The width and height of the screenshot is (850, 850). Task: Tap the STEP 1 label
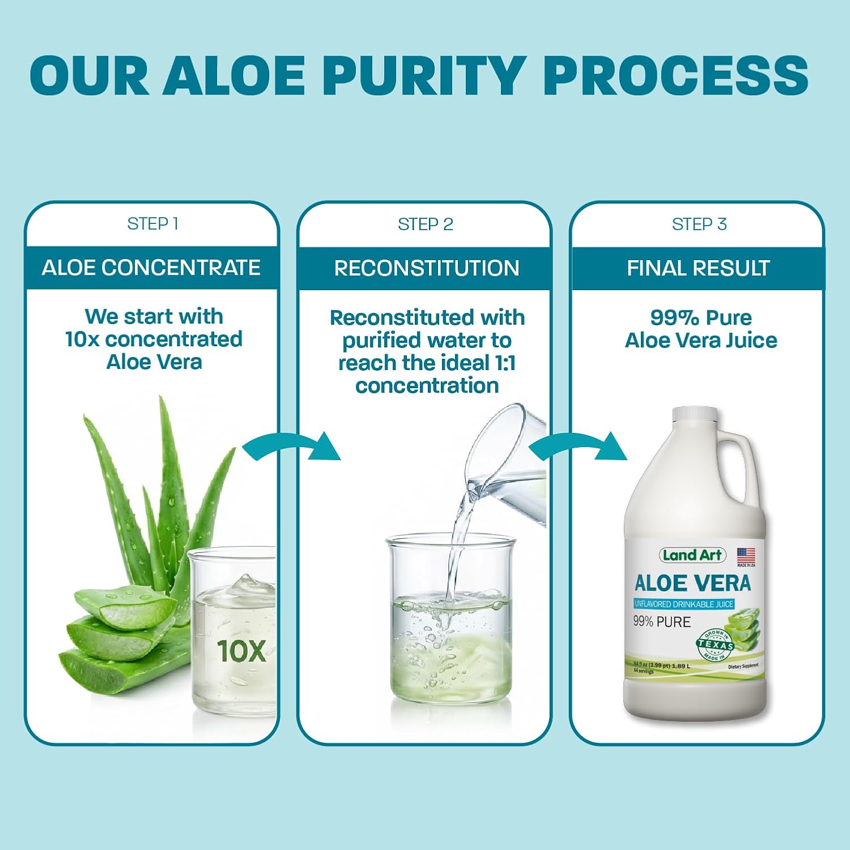tap(153, 224)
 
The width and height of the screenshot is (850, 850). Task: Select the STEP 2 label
tap(426, 224)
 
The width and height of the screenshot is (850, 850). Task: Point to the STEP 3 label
tap(699, 224)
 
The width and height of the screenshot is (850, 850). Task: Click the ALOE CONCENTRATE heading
tap(151, 267)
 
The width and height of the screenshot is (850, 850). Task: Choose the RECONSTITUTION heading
tap(426, 268)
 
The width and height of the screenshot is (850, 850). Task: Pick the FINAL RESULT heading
tap(698, 268)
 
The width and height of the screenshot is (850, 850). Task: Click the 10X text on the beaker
tap(241, 651)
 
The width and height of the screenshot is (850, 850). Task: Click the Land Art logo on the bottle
tap(692, 555)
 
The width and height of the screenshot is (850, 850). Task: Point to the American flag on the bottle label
tap(746, 555)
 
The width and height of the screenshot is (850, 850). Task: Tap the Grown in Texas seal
tap(715, 645)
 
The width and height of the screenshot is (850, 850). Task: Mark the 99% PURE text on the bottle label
tap(662, 622)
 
